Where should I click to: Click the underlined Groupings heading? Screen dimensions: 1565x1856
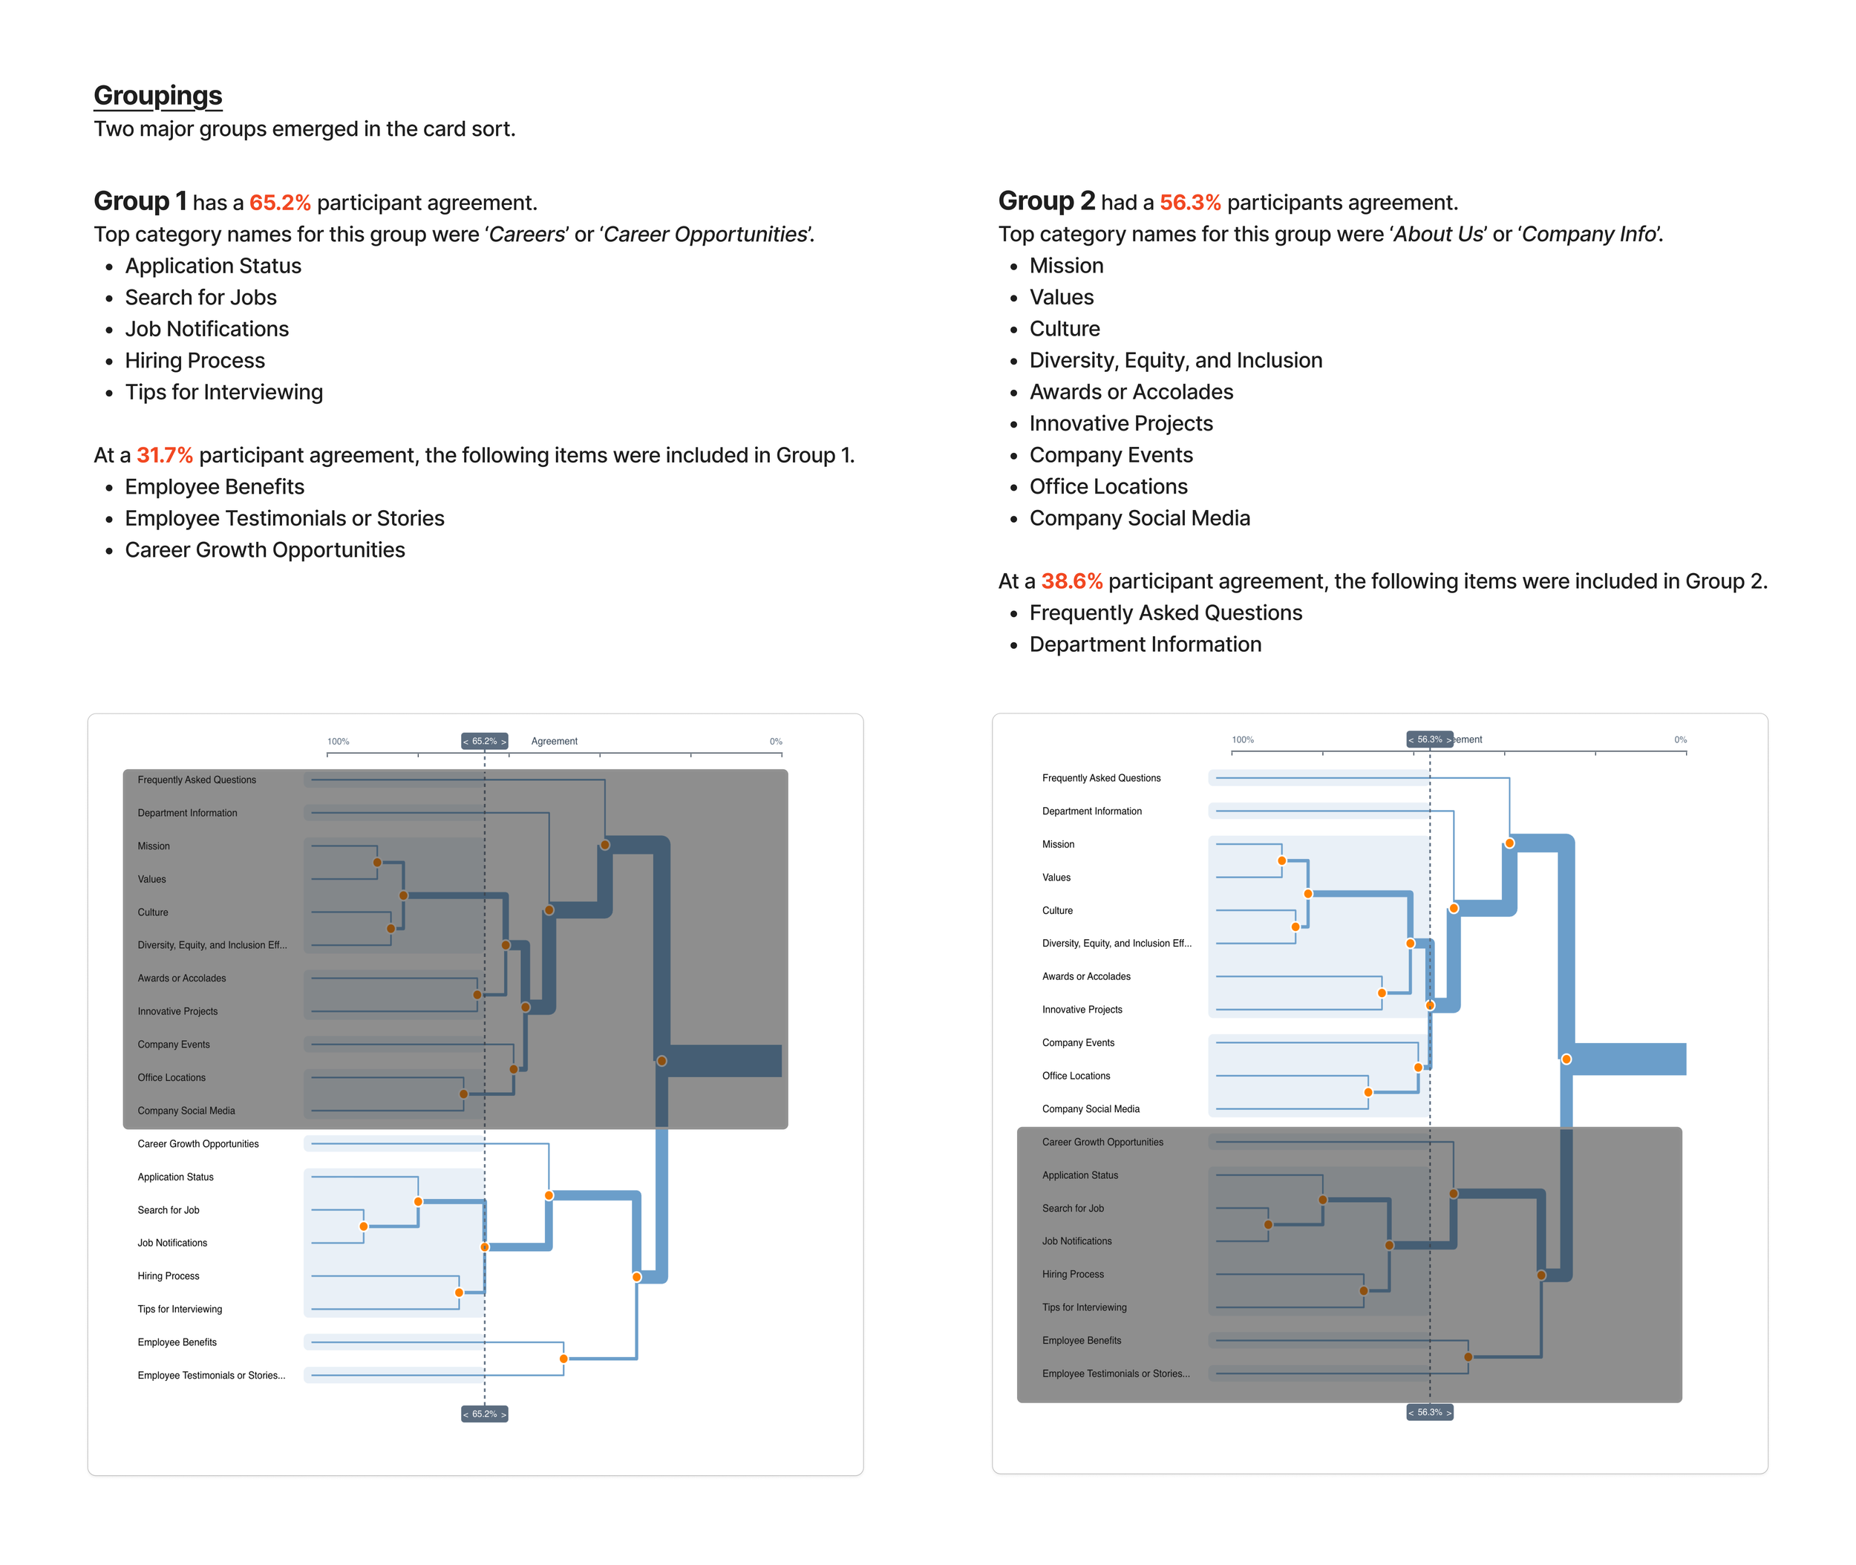click(x=158, y=96)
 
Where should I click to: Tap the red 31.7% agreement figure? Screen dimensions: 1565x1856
click(x=164, y=455)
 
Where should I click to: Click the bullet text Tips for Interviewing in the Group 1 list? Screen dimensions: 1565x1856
click(x=223, y=392)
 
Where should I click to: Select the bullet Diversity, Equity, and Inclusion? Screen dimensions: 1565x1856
click(x=1175, y=360)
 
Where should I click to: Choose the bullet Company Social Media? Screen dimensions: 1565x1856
click(x=1139, y=518)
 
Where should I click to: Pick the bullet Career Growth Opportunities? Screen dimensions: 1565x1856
click(x=264, y=550)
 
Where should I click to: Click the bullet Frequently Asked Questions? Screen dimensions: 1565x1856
click(x=1165, y=613)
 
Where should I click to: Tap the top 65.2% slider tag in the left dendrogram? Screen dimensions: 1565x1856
click(x=484, y=741)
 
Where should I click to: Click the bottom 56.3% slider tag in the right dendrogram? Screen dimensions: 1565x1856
click(x=1429, y=1411)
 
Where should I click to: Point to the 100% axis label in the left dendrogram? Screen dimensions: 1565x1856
click(x=338, y=742)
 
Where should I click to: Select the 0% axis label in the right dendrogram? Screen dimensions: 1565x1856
click(x=1679, y=740)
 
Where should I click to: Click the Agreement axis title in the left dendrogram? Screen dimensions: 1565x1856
click(x=554, y=742)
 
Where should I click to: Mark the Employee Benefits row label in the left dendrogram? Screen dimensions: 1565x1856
click(x=177, y=1342)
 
